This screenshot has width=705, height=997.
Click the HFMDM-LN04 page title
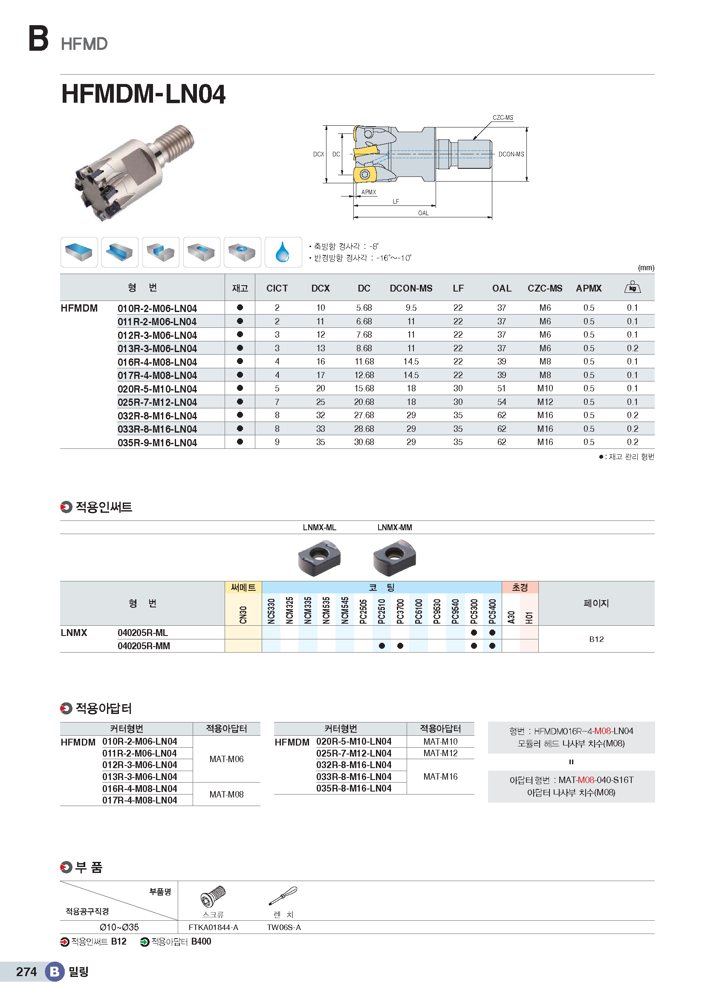(143, 94)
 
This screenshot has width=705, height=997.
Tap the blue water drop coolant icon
(283, 252)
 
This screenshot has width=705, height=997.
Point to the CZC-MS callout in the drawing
(502, 118)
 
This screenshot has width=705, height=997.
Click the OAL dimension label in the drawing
(423, 213)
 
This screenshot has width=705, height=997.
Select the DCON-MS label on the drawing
(511, 154)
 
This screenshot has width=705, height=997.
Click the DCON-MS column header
(410, 288)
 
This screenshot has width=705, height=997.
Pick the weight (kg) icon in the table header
(632, 287)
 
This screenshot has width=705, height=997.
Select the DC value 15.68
(364, 388)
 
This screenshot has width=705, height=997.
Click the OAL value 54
(501, 402)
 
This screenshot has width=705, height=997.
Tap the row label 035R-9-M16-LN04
(157, 442)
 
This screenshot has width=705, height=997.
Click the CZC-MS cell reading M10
(545, 388)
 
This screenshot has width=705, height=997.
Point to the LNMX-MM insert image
(394, 557)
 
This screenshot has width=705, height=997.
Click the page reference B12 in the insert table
(596, 639)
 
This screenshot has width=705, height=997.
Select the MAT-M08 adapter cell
(226, 794)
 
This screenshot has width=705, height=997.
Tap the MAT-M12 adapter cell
(440, 753)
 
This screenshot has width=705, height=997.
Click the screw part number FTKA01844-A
(213, 928)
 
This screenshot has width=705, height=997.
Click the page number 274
(26, 971)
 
